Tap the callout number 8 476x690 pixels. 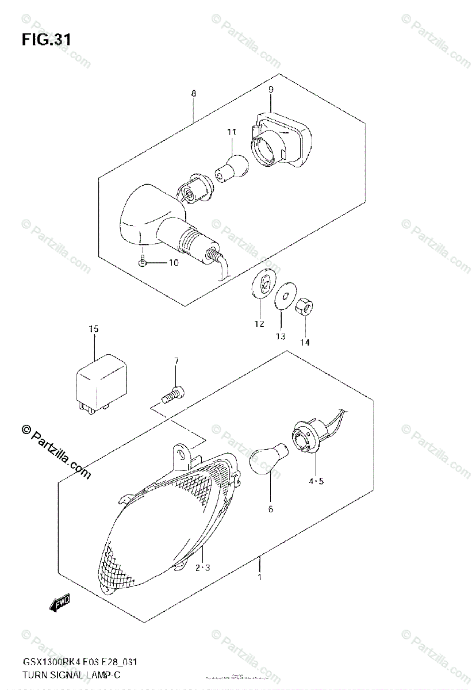pyautogui.click(x=194, y=93)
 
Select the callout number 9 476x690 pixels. pyautogui.click(x=271, y=89)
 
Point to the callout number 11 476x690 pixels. pyautogui.click(x=231, y=132)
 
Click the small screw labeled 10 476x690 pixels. pyautogui.click(x=143, y=262)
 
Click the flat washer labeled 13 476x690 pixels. pyautogui.click(x=281, y=298)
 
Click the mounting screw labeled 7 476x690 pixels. pyautogui.click(x=172, y=395)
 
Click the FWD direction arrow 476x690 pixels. pyautogui.click(x=59, y=603)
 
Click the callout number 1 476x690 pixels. pyautogui.click(x=260, y=577)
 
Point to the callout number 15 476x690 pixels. pyautogui.click(x=93, y=329)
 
